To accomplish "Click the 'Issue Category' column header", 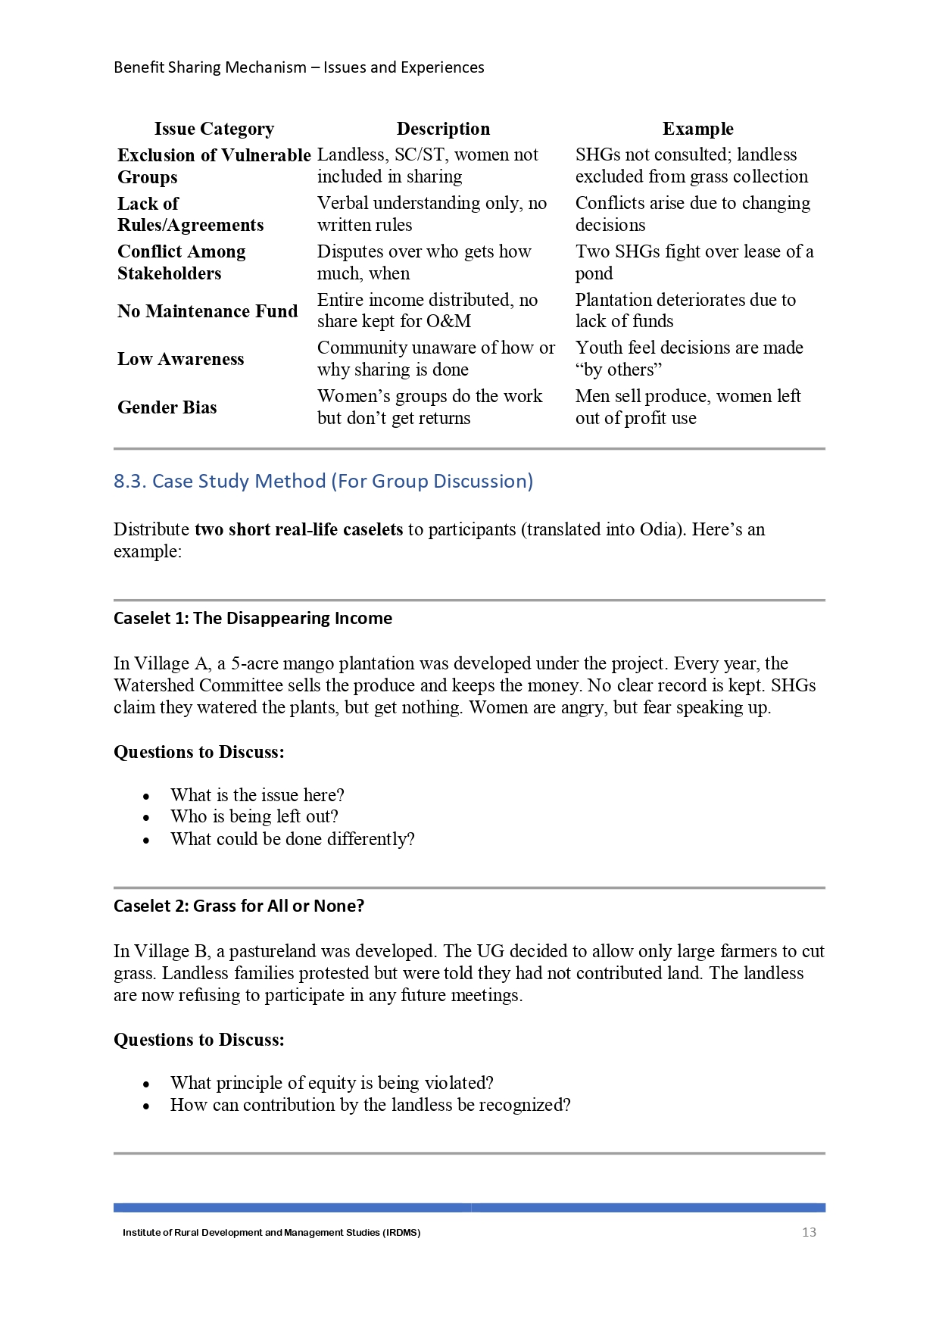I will click(214, 129).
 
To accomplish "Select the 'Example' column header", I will click(697, 129).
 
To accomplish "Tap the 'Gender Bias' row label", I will click(167, 407).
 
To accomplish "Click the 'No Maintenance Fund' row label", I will click(207, 311).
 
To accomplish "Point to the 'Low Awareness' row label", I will click(180, 359).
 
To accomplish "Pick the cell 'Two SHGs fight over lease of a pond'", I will click(694, 262).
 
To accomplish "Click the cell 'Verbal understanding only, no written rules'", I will click(432, 214).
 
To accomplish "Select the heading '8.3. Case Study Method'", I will click(323, 481).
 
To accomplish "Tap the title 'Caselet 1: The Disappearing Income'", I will click(253, 618).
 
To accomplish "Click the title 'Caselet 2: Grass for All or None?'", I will click(239, 906).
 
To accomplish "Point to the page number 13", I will click(809, 1232).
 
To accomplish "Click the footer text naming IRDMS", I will click(271, 1233).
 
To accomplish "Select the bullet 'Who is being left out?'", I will click(254, 816).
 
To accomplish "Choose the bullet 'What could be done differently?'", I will click(292, 839).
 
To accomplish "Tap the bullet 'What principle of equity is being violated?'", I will click(332, 1083).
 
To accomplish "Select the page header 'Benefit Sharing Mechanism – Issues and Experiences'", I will click(299, 67).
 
